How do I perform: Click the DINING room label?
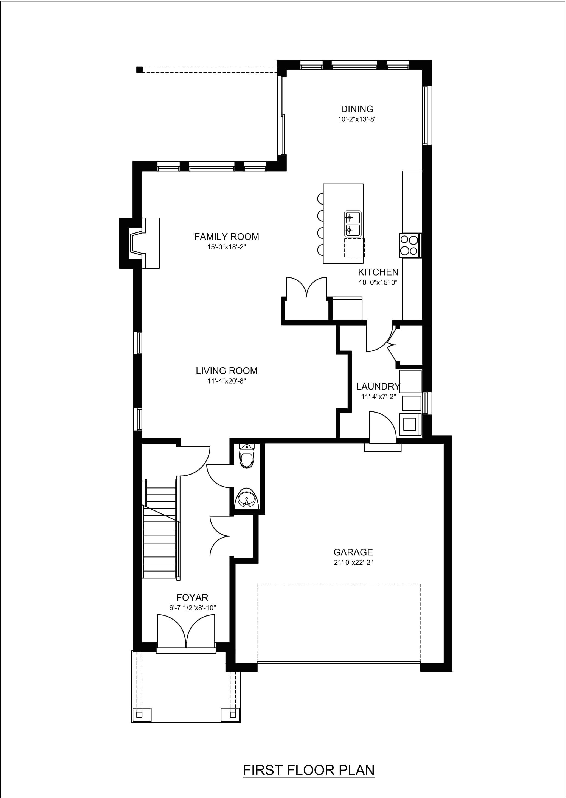point(357,109)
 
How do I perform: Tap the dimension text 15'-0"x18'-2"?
point(227,247)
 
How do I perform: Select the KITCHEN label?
point(378,272)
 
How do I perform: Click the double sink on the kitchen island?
point(353,223)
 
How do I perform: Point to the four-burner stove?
point(410,245)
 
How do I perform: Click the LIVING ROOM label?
point(227,371)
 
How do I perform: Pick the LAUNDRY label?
point(378,386)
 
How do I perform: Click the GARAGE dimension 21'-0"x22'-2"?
point(353,562)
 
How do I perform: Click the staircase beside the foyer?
point(160,529)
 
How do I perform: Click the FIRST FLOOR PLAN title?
point(308,770)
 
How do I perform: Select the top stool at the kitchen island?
point(320,199)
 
